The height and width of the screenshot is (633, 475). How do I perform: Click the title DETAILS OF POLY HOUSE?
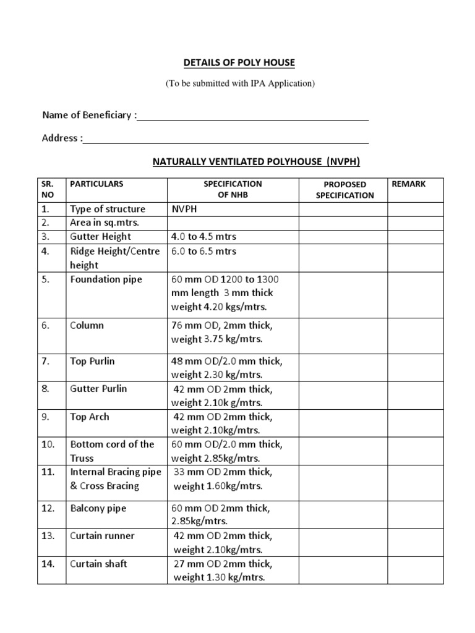pos(240,62)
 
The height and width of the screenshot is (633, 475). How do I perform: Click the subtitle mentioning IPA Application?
pos(240,84)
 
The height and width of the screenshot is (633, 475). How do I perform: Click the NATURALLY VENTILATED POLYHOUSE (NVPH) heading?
pos(256,162)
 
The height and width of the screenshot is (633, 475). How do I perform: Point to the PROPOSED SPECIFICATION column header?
pos(344,190)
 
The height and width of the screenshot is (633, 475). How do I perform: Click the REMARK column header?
pos(409,184)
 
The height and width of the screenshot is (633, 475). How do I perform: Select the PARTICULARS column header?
pos(96,184)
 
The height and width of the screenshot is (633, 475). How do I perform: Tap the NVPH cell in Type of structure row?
pos(185,209)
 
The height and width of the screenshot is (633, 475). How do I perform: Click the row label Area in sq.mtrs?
pos(105,223)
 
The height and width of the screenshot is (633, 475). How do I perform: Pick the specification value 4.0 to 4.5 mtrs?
pos(203,237)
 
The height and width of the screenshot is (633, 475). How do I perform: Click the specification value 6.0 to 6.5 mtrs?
pos(203,252)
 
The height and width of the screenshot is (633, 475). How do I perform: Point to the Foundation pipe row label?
pos(106,279)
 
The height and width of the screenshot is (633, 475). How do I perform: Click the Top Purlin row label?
pos(92,361)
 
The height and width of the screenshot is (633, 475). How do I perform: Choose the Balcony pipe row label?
pos(98,508)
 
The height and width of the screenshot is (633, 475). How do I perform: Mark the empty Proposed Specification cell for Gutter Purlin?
pos(343,396)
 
